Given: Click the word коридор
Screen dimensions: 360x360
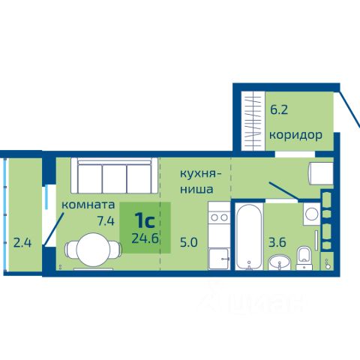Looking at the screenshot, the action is [295, 135].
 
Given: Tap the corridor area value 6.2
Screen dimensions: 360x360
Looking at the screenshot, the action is [279, 109].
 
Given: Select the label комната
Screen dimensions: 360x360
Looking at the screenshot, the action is [88, 205].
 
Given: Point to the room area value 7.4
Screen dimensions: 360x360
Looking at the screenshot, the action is [106, 220].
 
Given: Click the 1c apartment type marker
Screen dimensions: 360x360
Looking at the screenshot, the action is [145, 220].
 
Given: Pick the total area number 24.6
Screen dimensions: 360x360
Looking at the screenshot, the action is [145, 238].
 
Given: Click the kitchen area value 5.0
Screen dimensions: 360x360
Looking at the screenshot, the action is [189, 242].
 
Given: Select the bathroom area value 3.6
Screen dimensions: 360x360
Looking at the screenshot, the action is [277, 242].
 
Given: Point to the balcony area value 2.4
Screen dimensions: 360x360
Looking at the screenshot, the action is [22, 243].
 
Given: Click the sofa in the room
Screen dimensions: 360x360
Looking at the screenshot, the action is [114, 175].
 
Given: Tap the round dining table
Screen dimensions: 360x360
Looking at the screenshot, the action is [93, 250].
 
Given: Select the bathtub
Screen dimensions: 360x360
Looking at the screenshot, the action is [249, 237].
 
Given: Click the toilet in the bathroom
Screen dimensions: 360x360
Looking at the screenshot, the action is [304, 258].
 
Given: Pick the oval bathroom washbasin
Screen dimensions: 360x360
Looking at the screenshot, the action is [279, 262].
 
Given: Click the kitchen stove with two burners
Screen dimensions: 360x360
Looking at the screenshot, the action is [219, 217].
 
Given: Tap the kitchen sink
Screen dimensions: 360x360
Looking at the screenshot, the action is [219, 259].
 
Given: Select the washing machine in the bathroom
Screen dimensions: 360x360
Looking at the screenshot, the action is [312, 214].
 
